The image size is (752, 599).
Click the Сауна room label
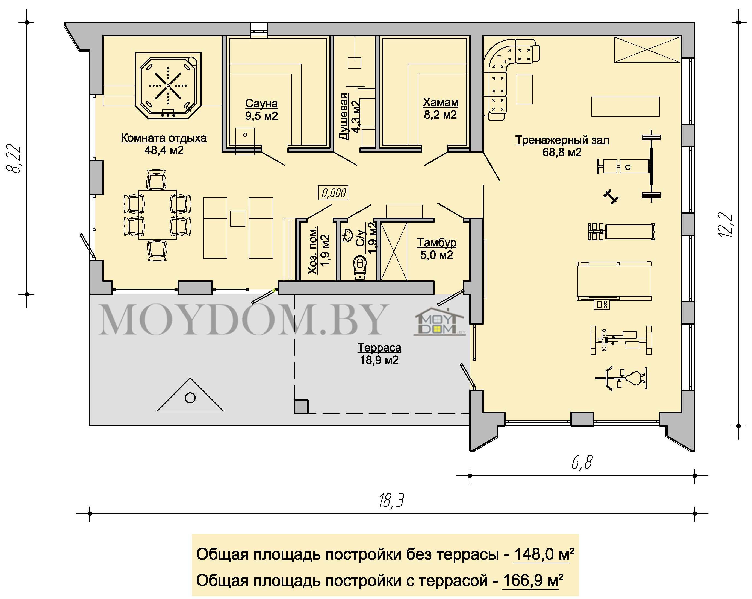261,103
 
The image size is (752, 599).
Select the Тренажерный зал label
562,140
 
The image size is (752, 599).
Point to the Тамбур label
437,242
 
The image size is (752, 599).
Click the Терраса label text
379,348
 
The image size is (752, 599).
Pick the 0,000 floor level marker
333,193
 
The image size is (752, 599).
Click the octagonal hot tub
168,86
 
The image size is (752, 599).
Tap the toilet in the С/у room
359,267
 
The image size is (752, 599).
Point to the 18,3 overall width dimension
391,501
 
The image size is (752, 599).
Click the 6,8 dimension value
582,463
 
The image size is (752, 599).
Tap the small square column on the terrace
301,407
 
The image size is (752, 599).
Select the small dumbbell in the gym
611,197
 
